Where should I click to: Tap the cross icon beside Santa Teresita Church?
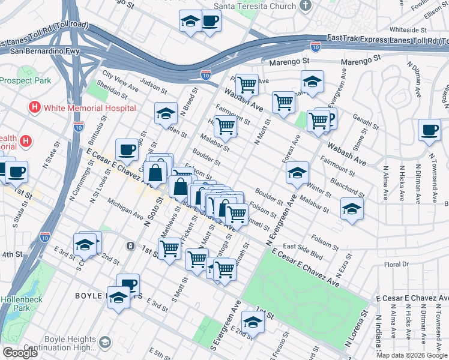[x=306, y=5]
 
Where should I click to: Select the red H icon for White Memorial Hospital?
[x=35, y=108]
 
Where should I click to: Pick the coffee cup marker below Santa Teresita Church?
[x=209, y=22]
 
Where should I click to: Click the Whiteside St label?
[x=408, y=29]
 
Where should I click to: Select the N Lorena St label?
[x=356, y=330]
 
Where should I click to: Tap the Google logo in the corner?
[x=20, y=353]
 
